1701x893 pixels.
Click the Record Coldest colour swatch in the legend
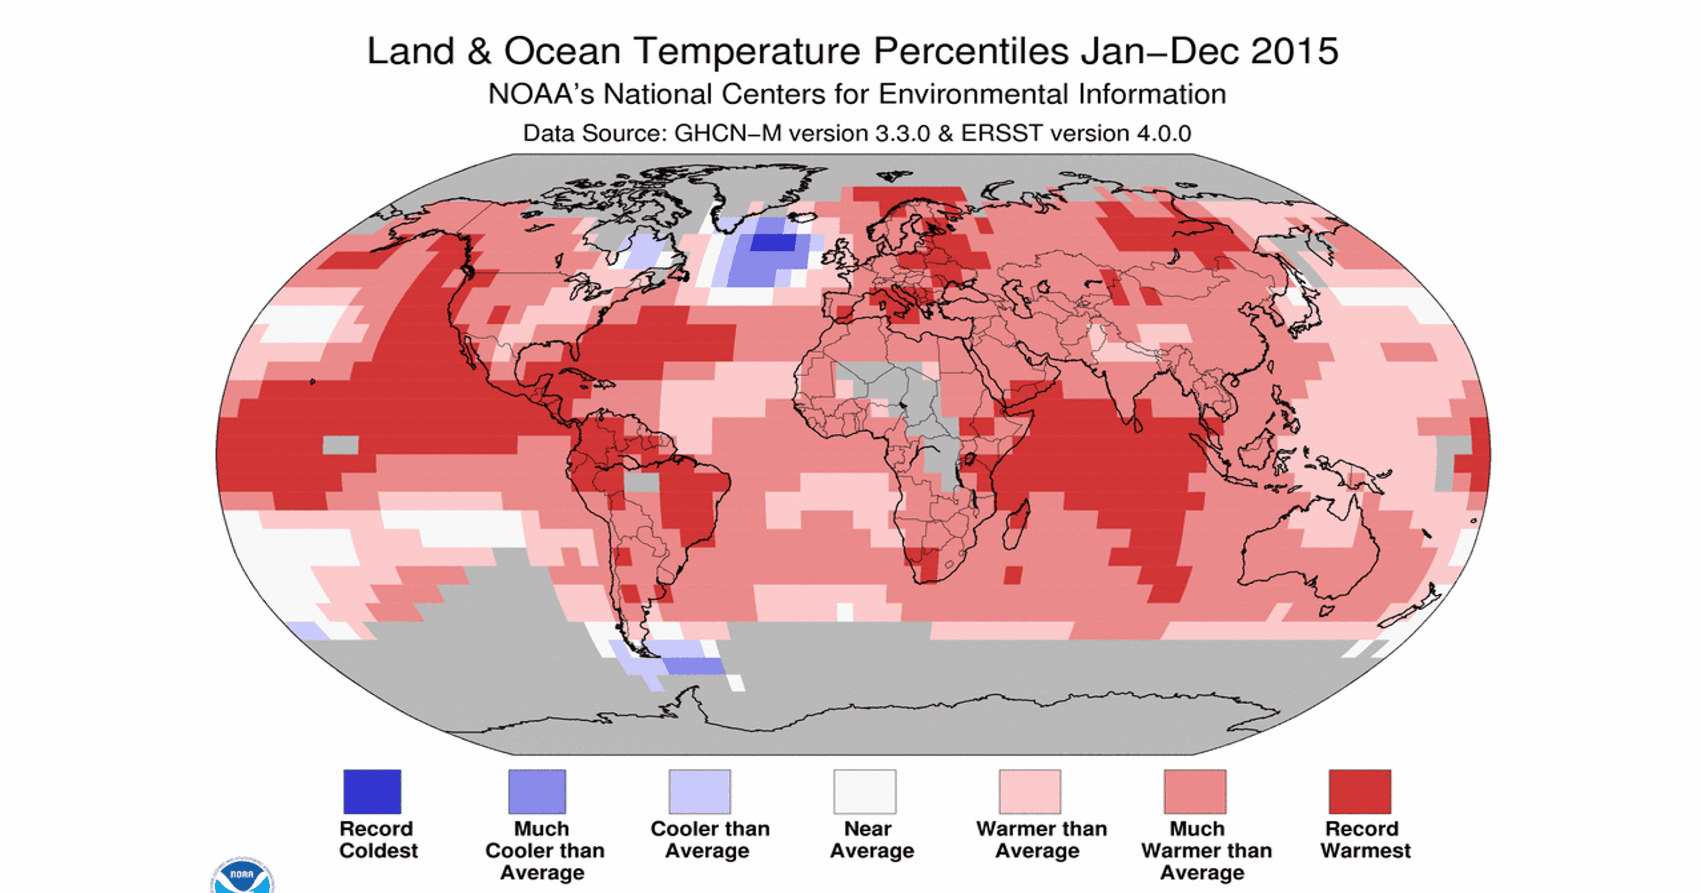click(x=372, y=791)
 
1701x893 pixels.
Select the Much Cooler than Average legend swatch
click(x=537, y=791)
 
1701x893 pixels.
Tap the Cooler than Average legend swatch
click(x=700, y=791)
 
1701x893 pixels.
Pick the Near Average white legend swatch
click(x=864, y=791)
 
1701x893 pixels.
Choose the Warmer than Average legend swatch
click(x=1030, y=791)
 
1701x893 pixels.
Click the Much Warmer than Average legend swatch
click(x=1194, y=791)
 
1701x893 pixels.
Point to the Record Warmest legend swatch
click(x=1360, y=791)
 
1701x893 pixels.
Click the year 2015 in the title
click(x=1294, y=51)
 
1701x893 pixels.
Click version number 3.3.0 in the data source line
click(x=902, y=133)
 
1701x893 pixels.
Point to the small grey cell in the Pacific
click(x=340, y=444)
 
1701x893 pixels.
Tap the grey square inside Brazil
click(x=641, y=482)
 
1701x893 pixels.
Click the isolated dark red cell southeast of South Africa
click(x=1012, y=575)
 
